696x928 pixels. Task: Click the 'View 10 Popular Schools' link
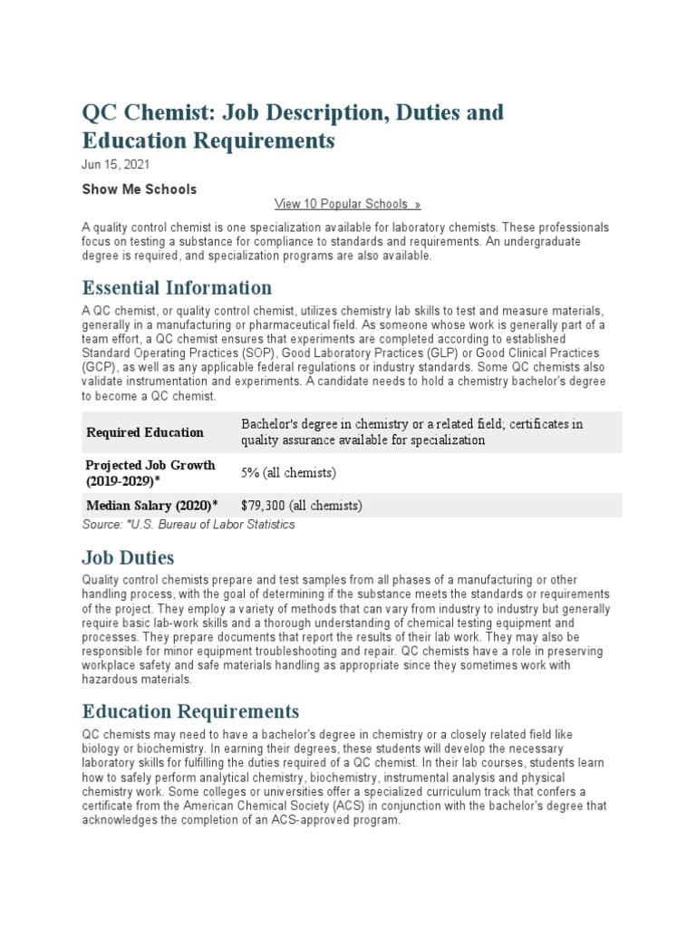[347, 204]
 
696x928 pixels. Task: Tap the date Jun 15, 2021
[116, 165]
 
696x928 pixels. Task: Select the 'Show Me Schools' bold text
[139, 189]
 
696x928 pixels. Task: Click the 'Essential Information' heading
[177, 288]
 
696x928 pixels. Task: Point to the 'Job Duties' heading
[128, 556]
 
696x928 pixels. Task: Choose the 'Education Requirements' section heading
[190, 710]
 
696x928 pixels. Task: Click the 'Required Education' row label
[145, 432]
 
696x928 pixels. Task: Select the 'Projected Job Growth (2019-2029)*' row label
[150, 472]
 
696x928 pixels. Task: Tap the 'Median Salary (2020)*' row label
[153, 506]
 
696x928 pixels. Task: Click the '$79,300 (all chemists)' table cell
[302, 506]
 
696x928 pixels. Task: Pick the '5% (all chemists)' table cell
[288, 473]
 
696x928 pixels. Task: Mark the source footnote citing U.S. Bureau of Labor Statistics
[188, 525]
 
